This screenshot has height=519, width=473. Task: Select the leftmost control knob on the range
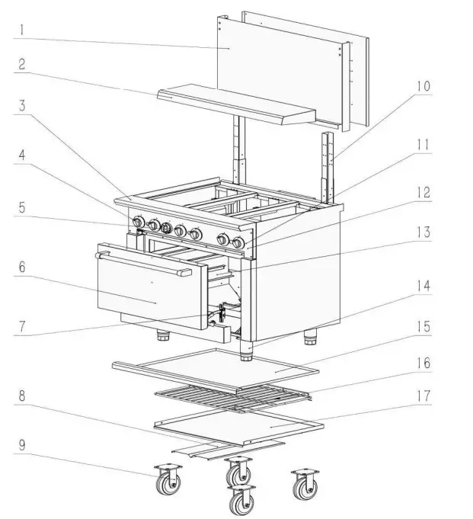(139, 222)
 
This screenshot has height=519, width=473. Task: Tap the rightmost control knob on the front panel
(239, 243)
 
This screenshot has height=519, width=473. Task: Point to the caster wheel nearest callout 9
(165, 482)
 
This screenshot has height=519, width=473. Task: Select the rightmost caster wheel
(305, 483)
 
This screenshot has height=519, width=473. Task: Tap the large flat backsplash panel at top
(282, 69)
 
